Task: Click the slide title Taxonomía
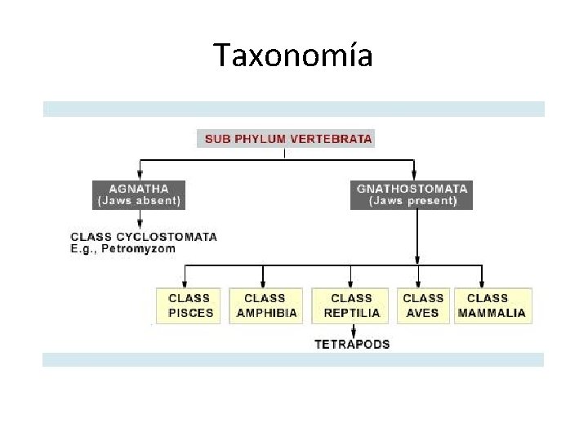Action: tap(293, 56)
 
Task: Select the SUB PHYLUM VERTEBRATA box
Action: tap(285, 139)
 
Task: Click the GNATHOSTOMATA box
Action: tap(412, 194)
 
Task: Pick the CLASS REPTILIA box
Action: tap(352, 305)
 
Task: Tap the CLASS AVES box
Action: tap(423, 305)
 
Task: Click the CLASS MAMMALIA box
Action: tap(492, 305)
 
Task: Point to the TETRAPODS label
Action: tap(352, 344)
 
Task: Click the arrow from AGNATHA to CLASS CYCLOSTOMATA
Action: tap(140, 219)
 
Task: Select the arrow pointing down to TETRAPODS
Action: tap(352, 330)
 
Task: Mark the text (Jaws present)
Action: tap(412, 201)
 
